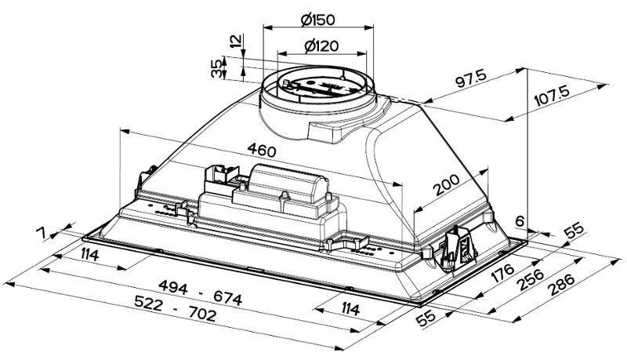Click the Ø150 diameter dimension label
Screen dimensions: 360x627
[x=317, y=16]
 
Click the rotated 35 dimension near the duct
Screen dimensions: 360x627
[x=217, y=68]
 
